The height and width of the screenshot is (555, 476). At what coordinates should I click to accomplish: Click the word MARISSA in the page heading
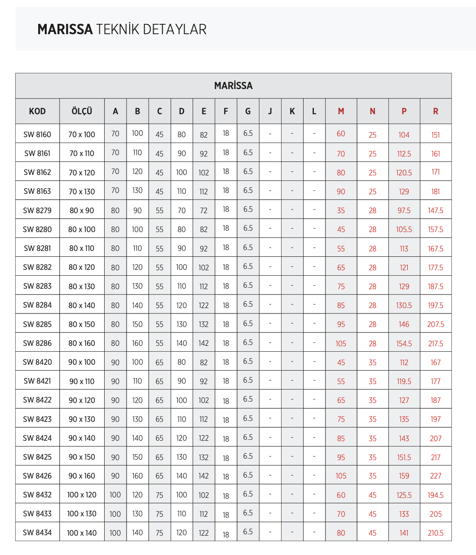point(65,30)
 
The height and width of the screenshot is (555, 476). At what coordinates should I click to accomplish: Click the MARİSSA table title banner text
point(233,85)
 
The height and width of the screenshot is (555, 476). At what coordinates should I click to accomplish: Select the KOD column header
point(37,111)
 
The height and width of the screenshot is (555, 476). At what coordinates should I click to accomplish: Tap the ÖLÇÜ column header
point(82,111)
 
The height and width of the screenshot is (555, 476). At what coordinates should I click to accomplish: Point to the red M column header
point(341,111)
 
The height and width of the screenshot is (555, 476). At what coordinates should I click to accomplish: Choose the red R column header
point(436,111)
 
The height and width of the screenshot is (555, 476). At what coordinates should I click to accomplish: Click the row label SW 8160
point(37,134)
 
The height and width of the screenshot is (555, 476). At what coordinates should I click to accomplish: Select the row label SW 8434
point(37,533)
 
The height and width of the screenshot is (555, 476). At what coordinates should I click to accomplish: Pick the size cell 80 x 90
point(82,210)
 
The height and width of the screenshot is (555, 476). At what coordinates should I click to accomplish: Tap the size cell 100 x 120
point(82,495)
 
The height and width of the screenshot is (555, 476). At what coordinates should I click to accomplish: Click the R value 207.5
point(436,324)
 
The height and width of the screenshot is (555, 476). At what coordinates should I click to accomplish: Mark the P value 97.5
point(404,210)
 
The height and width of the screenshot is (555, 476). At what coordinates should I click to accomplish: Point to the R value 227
point(436,476)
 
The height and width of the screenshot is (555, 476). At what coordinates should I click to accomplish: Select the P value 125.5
point(404,495)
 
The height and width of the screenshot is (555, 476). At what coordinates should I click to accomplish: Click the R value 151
point(436,135)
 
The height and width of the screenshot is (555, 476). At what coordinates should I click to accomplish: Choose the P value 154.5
point(404,344)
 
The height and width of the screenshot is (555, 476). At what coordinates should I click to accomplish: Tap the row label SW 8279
point(37,210)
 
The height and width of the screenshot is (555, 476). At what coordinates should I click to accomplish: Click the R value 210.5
point(436,533)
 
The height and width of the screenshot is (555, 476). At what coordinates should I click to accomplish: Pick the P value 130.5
point(404,305)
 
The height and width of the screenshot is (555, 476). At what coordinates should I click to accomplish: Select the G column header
point(248,111)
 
